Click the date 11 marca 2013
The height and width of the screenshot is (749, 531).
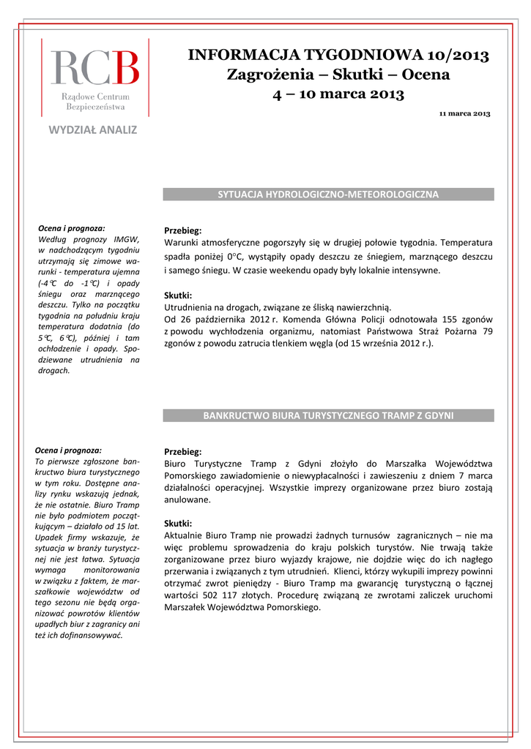point(464,114)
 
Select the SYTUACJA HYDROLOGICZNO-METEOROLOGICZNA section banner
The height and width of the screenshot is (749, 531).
point(328,195)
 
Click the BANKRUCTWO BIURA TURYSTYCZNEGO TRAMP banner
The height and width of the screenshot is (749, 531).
point(328,415)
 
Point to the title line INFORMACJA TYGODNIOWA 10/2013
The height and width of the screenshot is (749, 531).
point(338,56)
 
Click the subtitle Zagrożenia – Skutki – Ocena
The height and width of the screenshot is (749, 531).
point(338,75)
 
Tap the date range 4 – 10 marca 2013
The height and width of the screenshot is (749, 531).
point(338,94)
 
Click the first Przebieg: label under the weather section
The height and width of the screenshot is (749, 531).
point(182,230)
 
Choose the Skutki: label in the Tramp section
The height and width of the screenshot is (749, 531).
point(178,524)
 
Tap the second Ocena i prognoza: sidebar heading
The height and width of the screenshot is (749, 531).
point(70,451)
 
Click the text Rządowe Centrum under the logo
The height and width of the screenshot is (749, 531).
point(95,97)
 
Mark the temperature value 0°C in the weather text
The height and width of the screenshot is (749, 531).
point(234,257)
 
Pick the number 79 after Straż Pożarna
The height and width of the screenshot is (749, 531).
point(487,331)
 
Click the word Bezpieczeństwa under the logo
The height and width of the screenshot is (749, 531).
point(95,107)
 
